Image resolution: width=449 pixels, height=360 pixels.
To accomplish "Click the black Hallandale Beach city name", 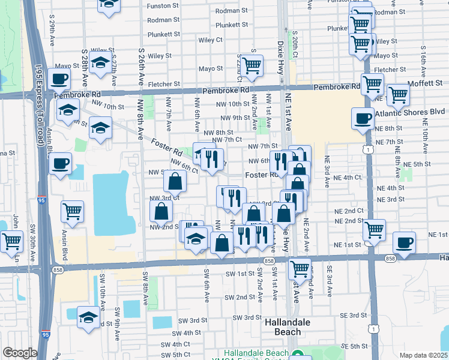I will (x=288, y=327).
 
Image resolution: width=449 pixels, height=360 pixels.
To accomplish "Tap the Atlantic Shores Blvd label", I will (x=410, y=112).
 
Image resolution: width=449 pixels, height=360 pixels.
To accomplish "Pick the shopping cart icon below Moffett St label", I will (x=397, y=94).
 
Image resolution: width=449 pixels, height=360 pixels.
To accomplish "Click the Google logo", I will (x=20, y=353).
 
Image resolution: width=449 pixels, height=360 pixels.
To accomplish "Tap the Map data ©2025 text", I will (x=423, y=355).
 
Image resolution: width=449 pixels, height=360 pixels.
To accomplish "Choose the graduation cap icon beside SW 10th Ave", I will (x=88, y=317).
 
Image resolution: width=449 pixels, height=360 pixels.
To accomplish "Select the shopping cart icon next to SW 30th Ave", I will (x=11, y=241).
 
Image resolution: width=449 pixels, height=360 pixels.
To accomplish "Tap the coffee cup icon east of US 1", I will (x=404, y=242).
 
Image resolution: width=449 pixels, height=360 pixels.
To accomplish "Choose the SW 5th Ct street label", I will (x=176, y=355).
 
